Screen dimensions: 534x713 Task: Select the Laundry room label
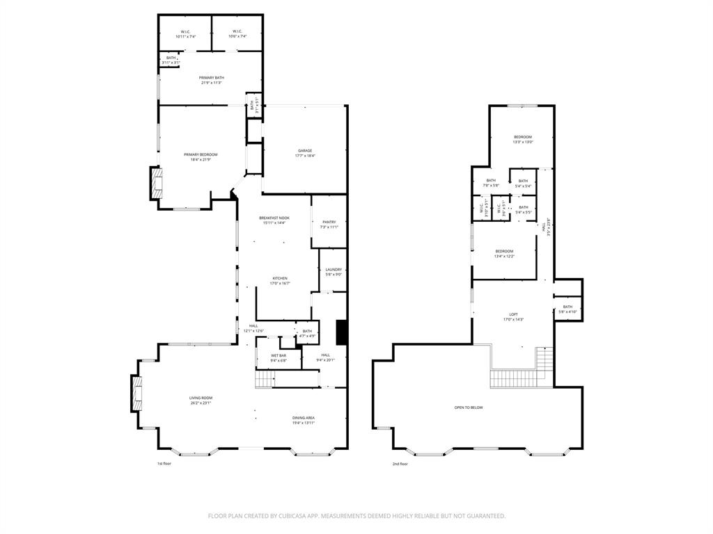pos(334,271)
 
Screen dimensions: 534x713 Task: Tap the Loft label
pos(512,316)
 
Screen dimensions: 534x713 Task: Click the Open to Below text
pos(469,407)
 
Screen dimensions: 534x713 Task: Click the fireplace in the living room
pos(137,394)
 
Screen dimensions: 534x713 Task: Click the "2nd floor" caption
pos(400,464)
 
